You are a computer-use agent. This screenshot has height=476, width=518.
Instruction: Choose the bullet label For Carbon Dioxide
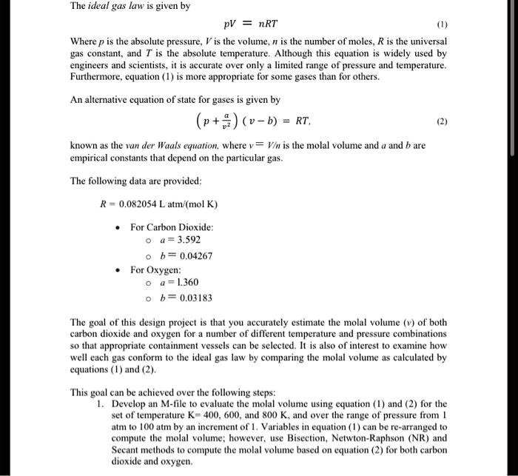tap(172, 227)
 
